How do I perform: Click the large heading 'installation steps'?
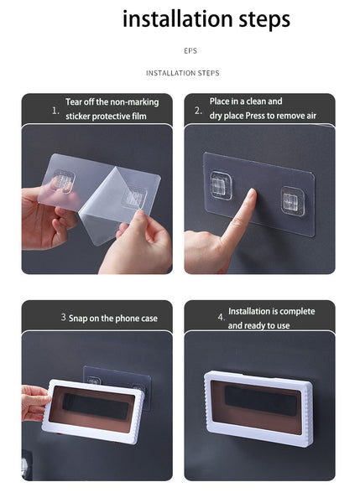click(206, 19)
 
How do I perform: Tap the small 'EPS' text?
click(190, 50)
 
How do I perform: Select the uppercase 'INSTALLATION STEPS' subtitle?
click(183, 73)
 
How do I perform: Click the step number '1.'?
click(55, 111)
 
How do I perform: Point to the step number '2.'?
click(198, 111)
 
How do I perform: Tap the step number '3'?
click(63, 317)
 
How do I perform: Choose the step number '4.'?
click(222, 317)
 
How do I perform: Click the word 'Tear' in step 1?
click(73, 101)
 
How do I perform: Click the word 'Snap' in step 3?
click(78, 319)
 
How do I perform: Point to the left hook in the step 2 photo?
click(221, 185)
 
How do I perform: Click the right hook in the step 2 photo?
click(293, 201)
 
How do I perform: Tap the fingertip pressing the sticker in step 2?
click(251, 194)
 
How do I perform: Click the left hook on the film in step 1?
click(64, 182)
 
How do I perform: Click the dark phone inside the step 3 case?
click(96, 406)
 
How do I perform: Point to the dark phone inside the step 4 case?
click(260, 401)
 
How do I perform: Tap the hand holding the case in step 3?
click(34, 403)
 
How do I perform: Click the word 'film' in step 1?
click(139, 116)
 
